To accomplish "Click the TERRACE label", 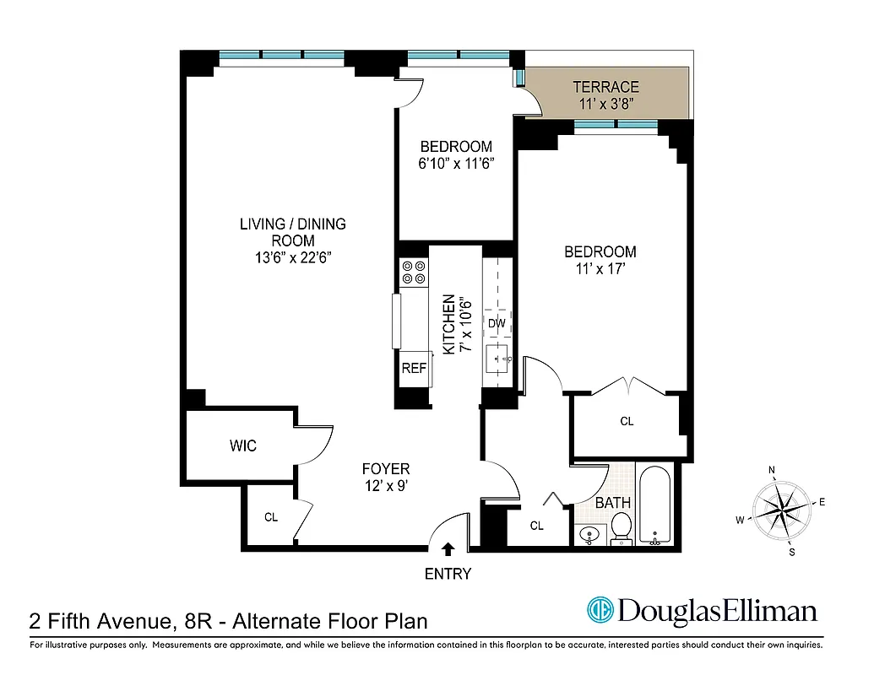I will [x=605, y=87].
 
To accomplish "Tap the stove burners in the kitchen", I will [x=414, y=272].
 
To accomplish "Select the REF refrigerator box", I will [x=414, y=368].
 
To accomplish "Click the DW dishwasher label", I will [x=496, y=323].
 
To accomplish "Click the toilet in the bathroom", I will [x=622, y=528].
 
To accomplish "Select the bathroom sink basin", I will [x=589, y=534].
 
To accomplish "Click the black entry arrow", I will [x=448, y=548].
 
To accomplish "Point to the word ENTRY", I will [x=448, y=575].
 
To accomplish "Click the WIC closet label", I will [x=242, y=445].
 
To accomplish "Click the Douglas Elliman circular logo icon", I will [x=600, y=610].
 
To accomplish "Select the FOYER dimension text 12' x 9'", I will [x=386, y=485].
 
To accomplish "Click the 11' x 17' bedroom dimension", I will [x=600, y=269].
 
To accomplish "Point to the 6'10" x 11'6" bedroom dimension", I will [x=456, y=164].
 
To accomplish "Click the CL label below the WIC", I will [x=270, y=517].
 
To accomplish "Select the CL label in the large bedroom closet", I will [x=626, y=421].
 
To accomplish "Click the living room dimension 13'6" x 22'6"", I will [x=293, y=258].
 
